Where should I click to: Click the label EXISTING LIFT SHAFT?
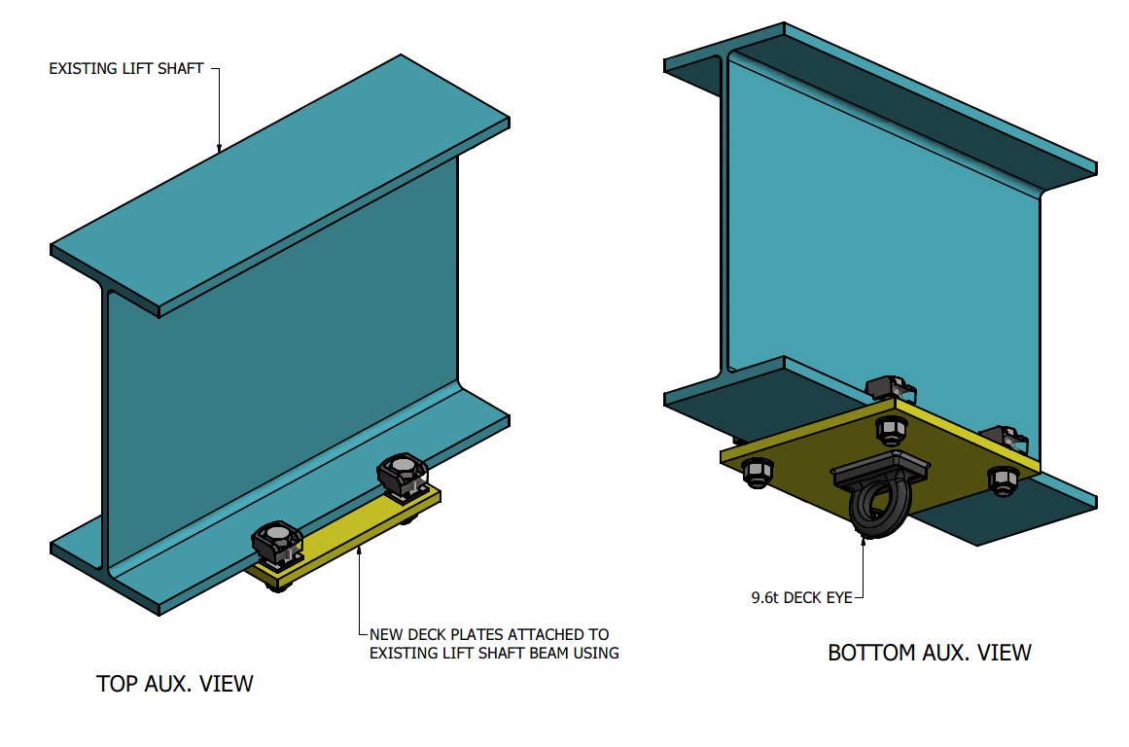125,69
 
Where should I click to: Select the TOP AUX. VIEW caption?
175,684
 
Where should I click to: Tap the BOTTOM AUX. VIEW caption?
929,652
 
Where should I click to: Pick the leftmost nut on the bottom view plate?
758,472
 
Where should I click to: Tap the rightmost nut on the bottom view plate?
1003,479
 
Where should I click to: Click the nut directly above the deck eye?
890,428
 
